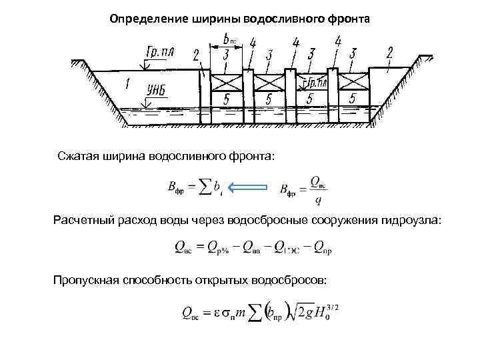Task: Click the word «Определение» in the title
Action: click(142, 19)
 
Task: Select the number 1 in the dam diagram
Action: click(127, 84)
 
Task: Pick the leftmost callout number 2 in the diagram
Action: click(196, 55)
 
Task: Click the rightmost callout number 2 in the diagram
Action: click(390, 51)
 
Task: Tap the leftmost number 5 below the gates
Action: click(228, 99)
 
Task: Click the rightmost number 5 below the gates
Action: click(352, 99)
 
